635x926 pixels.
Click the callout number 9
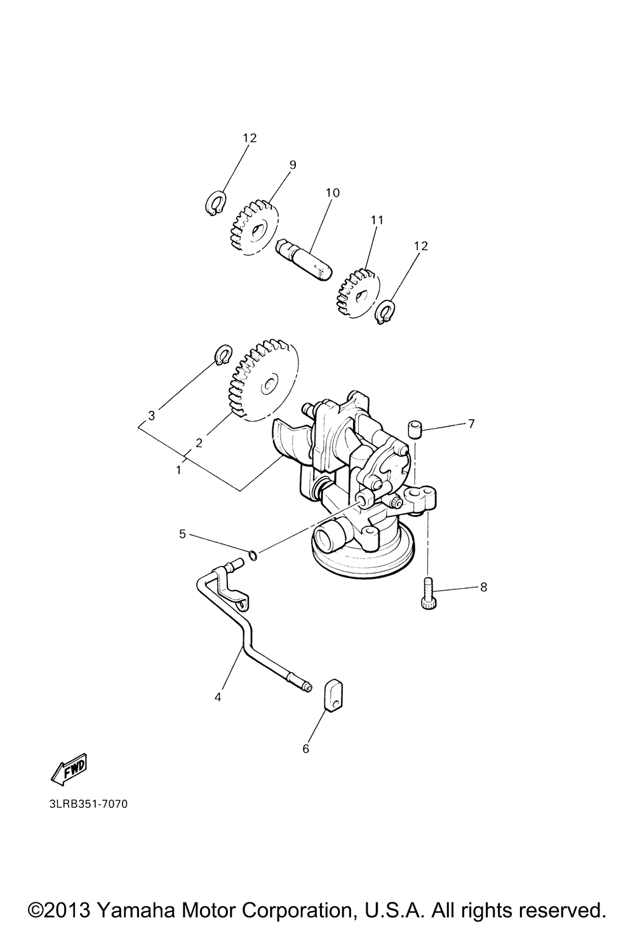tap(293, 164)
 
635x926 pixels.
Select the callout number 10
tap(333, 192)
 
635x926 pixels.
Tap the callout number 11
tap(378, 220)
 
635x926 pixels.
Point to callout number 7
tap(471, 424)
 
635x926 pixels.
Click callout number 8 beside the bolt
tap(483, 587)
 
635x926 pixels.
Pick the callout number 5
tap(182, 534)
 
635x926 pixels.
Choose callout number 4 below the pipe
tap(218, 697)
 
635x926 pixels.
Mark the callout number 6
tap(305, 749)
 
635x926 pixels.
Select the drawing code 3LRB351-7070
tap(88, 804)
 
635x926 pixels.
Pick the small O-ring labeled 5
tap(253, 556)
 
